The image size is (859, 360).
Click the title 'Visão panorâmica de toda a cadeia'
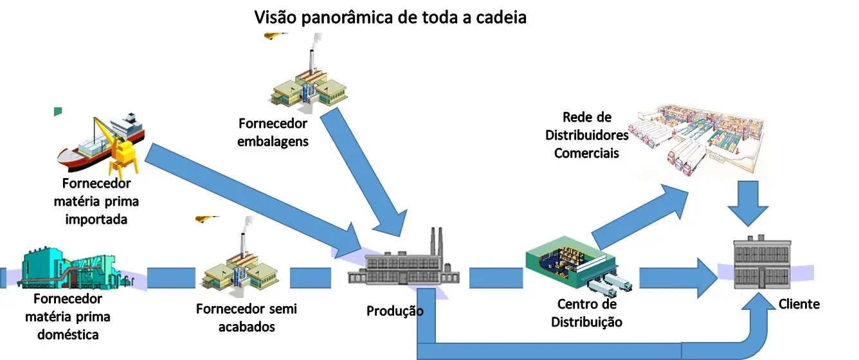390,17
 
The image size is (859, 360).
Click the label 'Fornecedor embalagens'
273,132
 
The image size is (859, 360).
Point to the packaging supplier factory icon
309,82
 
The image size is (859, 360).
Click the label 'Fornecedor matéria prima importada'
96,201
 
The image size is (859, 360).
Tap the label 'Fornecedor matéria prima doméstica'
68,317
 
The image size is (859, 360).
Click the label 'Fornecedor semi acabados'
247,318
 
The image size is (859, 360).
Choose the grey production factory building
403,262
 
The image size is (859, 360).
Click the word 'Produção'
395,311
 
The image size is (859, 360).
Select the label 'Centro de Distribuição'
587,313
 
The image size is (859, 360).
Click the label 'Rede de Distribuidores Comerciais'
587,135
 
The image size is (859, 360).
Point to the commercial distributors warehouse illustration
696,139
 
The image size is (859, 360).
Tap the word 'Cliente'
799,304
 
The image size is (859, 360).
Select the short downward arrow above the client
748,203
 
